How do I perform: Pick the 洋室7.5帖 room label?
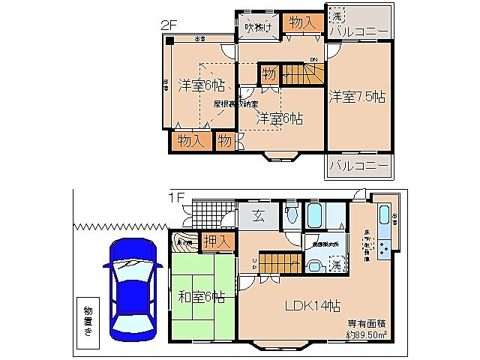click(356, 96)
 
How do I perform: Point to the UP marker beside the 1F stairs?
click(253, 262)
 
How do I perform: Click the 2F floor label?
click(168, 24)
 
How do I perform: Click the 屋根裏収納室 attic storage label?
click(235, 104)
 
